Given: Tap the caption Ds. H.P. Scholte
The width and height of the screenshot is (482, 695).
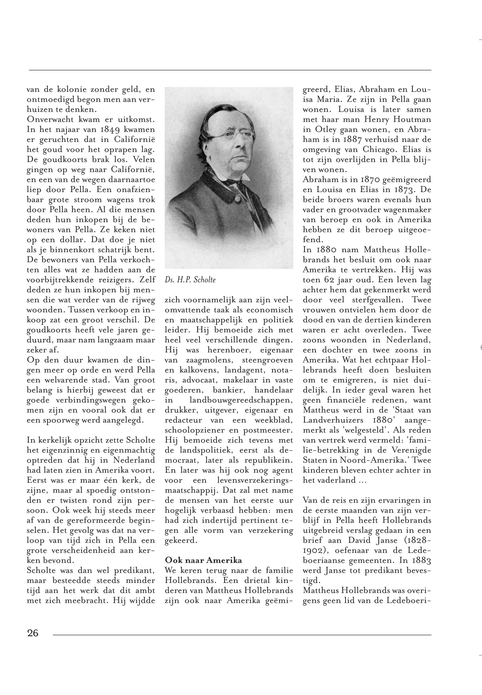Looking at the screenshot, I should [x=190, y=280].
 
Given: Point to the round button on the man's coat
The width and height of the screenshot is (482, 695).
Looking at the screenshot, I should [x=238, y=200].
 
